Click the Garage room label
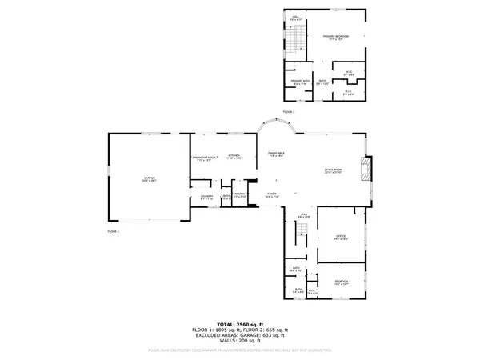click(149, 178)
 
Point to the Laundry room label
click(206, 196)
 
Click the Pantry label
click(240, 196)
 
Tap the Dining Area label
click(277, 154)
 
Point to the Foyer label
click(272, 194)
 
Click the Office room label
click(339, 236)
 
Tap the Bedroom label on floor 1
click(341, 282)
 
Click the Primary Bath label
click(298, 82)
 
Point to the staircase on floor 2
click(298, 39)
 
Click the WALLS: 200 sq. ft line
click(241, 340)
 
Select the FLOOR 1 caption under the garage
click(113, 230)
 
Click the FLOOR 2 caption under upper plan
click(288, 111)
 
